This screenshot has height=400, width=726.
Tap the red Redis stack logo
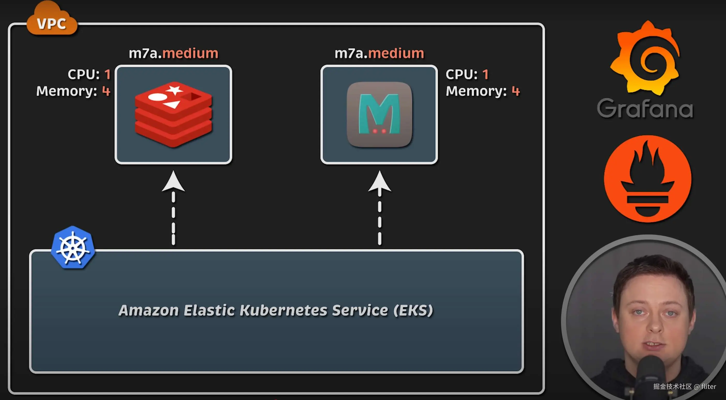click(173, 114)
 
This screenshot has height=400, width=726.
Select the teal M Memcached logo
click(379, 114)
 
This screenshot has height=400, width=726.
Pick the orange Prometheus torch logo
click(647, 179)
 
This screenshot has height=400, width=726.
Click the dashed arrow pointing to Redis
click(173, 208)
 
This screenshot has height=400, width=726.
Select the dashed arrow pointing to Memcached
click(380, 208)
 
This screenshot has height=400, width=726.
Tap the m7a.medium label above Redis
click(173, 53)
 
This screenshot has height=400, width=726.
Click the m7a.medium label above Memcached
click(379, 53)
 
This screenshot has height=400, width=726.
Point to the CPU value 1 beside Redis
click(107, 75)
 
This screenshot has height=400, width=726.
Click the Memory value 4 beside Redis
click(106, 91)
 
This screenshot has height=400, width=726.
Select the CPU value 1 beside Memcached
click(485, 75)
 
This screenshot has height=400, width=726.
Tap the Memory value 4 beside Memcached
click(516, 91)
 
